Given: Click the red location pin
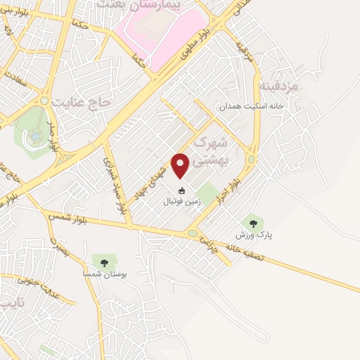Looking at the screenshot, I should click(x=181, y=164).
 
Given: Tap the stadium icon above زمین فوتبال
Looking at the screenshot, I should click(x=181, y=191).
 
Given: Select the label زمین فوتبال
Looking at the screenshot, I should click(x=181, y=201).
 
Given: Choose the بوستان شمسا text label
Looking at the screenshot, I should click(x=104, y=275).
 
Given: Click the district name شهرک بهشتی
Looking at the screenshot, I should click(x=211, y=150).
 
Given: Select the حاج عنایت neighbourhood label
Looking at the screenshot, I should click(x=85, y=103).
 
